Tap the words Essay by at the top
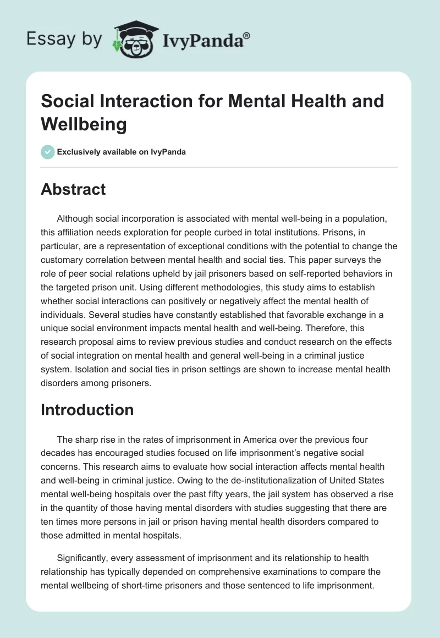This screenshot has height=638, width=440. coord(64,40)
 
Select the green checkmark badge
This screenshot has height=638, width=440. coord(47,152)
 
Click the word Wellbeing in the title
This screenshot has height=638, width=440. coord(84,124)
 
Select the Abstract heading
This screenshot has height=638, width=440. coord(73,189)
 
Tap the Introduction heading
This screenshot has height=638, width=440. coord(87,410)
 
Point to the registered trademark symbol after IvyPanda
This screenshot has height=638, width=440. coord(247,35)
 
